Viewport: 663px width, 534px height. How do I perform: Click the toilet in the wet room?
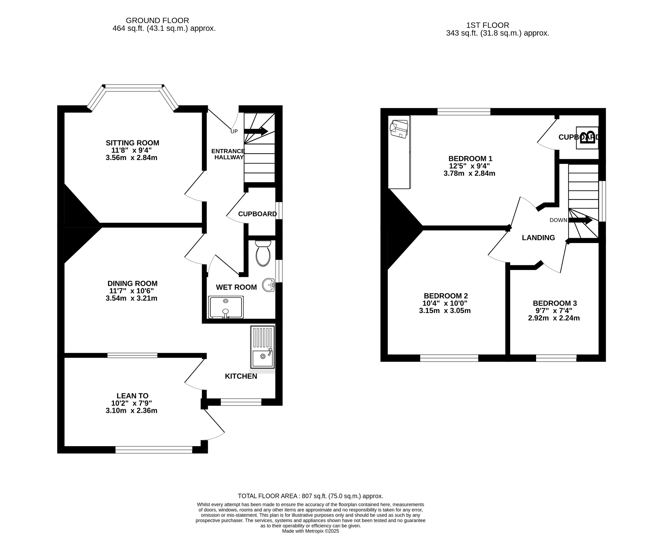263,253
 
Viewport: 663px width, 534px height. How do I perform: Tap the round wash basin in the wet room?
269,285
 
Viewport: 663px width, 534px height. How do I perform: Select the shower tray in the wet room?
226,307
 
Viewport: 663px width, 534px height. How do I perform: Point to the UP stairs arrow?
256,131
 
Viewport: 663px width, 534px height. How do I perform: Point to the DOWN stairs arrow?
580,220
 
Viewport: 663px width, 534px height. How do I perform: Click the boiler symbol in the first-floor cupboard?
587,138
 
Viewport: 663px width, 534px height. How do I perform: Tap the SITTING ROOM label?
132,143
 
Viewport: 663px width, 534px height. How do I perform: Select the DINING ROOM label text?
132,284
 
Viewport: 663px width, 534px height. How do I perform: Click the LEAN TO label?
132,396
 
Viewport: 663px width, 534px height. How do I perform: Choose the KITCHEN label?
241,376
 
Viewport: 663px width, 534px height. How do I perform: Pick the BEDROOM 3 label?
555,303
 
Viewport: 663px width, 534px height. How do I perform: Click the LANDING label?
538,238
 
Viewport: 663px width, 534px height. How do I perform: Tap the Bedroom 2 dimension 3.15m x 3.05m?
445,311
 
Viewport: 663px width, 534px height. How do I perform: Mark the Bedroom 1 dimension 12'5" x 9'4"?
469,166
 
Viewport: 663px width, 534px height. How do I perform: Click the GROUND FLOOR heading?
157,21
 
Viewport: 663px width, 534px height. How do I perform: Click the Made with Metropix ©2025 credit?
310,531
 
